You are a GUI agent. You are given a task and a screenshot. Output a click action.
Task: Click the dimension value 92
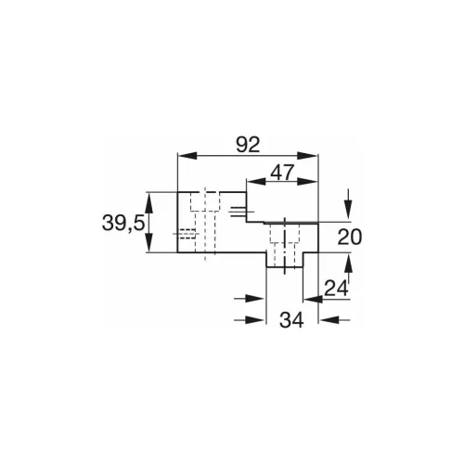(x=246, y=144)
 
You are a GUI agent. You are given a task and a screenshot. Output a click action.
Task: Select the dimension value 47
(x=281, y=172)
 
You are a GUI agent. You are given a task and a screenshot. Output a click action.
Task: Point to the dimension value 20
(x=348, y=237)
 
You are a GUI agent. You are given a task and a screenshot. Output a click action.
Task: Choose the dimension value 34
(x=293, y=320)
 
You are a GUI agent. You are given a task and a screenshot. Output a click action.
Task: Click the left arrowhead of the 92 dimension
(x=182, y=156)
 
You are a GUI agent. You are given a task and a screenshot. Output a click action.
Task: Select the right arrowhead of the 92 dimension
(x=312, y=156)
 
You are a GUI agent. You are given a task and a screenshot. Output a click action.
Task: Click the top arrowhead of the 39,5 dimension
(x=148, y=197)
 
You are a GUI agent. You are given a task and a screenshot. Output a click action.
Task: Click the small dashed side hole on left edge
(x=187, y=232)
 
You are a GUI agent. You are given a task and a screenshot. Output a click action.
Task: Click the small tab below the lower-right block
(x=282, y=264)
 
